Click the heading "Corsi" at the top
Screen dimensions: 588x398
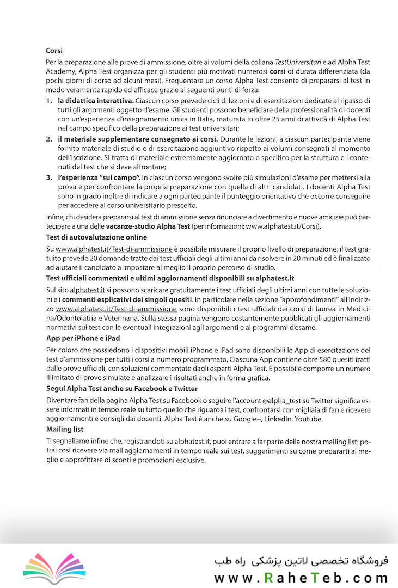click(54, 51)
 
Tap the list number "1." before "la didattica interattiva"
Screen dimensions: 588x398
click(49, 101)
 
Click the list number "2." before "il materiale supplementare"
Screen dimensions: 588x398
click(49, 140)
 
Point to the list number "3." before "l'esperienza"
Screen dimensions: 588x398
click(49, 178)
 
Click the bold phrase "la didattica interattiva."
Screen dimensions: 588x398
click(95, 101)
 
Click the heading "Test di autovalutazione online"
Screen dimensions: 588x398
click(96, 237)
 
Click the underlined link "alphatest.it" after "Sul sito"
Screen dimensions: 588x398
click(87, 290)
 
